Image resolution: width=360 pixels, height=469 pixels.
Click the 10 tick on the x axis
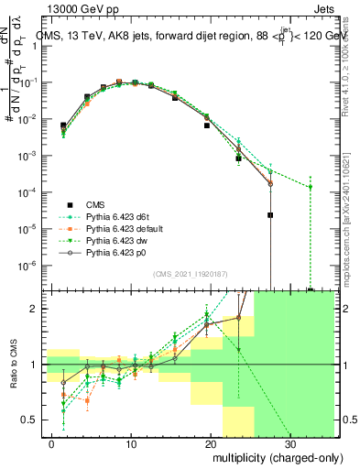(x=132, y=442)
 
